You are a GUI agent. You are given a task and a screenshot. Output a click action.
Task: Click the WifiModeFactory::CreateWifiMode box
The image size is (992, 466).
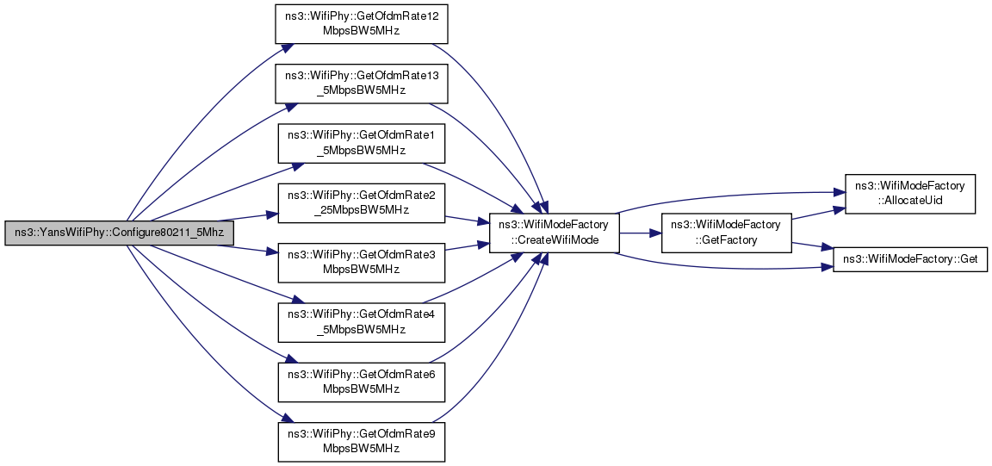555,233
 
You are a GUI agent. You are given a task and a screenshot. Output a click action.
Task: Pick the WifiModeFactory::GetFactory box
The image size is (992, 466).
725,233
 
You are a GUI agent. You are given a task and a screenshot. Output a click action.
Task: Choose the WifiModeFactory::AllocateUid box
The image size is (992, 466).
909,194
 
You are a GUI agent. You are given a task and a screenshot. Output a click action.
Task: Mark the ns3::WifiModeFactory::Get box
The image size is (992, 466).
909,258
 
